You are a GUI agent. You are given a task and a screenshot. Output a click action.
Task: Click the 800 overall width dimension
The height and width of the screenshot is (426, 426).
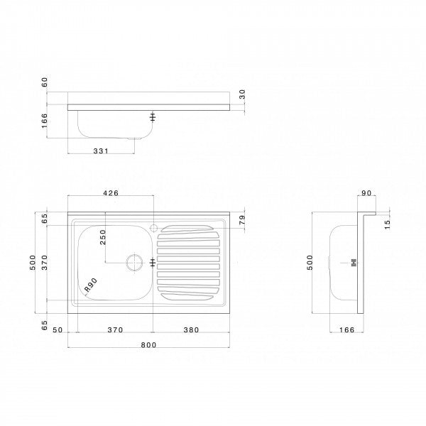tap(148, 344)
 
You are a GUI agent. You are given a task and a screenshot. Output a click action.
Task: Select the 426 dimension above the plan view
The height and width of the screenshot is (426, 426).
tap(110, 193)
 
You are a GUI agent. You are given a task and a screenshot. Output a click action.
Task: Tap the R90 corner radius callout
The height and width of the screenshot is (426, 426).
tap(90, 286)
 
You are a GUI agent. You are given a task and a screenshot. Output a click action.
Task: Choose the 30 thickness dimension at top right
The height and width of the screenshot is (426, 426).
tap(242, 93)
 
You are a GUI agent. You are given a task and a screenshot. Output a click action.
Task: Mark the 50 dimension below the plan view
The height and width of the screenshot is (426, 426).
tap(56, 329)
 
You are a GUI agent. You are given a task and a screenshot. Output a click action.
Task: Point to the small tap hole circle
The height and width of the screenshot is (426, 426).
tap(153, 229)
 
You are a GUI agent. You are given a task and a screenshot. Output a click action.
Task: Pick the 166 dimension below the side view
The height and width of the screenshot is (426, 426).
tap(346, 329)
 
